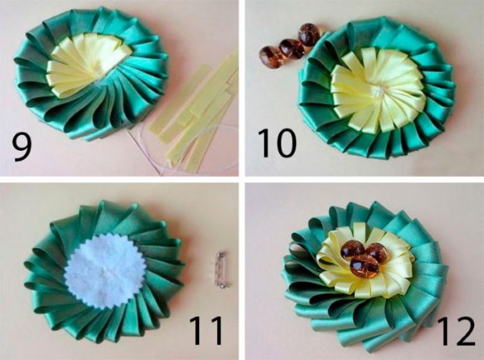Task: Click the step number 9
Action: (x=22, y=149)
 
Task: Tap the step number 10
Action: (x=277, y=143)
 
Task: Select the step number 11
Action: (x=207, y=330)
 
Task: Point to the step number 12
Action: (x=457, y=330)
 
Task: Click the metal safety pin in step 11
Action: (x=221, y=270)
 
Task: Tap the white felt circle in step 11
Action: (x=102, y=272)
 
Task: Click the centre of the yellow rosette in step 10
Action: (x=378, y=90)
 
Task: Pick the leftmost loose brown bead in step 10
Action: (x=269, y=57)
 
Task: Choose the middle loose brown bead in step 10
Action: (x=292, y=48)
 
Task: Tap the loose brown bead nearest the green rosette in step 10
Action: (x=309, y=35)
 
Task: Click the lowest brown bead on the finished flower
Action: (x=364, y=266)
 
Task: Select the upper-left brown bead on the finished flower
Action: (x=353, y=249)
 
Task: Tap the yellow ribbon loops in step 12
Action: (x=363, y=261)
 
